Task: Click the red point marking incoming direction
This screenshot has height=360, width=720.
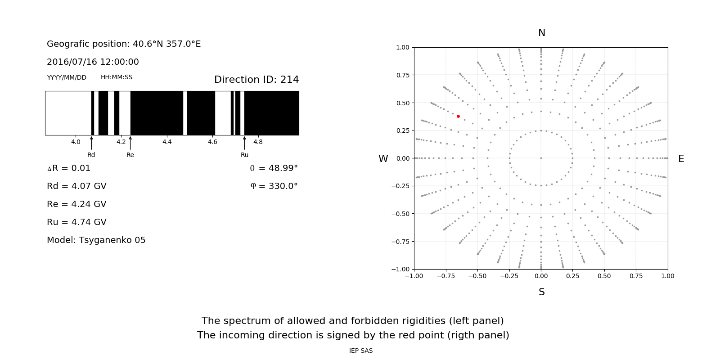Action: click(458, 116)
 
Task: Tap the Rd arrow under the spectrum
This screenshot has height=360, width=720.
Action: click(91, 143)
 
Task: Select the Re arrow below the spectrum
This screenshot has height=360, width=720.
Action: click(130, 143)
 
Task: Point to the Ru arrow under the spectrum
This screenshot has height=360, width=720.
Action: click(244, 143)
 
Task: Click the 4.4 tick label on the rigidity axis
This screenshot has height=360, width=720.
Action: click(167, 142)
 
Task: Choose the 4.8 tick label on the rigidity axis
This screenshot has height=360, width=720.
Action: click(258, 142)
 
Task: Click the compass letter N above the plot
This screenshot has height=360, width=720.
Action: click(541, 33)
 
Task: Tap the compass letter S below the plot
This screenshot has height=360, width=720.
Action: click(541, 292)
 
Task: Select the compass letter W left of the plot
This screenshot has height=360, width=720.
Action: click(383, 159)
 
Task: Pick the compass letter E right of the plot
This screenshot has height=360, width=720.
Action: click(681, 159)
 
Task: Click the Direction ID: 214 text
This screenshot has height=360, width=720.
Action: click(256, 80)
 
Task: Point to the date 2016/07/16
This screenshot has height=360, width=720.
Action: click(70, 62)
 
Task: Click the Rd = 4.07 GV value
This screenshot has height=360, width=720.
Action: click(76, 186)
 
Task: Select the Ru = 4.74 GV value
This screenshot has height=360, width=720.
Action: click(76, 222)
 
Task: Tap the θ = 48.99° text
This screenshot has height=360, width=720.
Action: click(274, 168)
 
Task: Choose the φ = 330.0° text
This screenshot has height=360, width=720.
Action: click(274, 186)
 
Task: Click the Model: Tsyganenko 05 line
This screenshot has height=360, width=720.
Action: click(96, 240)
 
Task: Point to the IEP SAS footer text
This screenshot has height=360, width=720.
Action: click(360, 351)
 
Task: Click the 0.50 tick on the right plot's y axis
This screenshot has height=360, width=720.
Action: click(403, 103)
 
